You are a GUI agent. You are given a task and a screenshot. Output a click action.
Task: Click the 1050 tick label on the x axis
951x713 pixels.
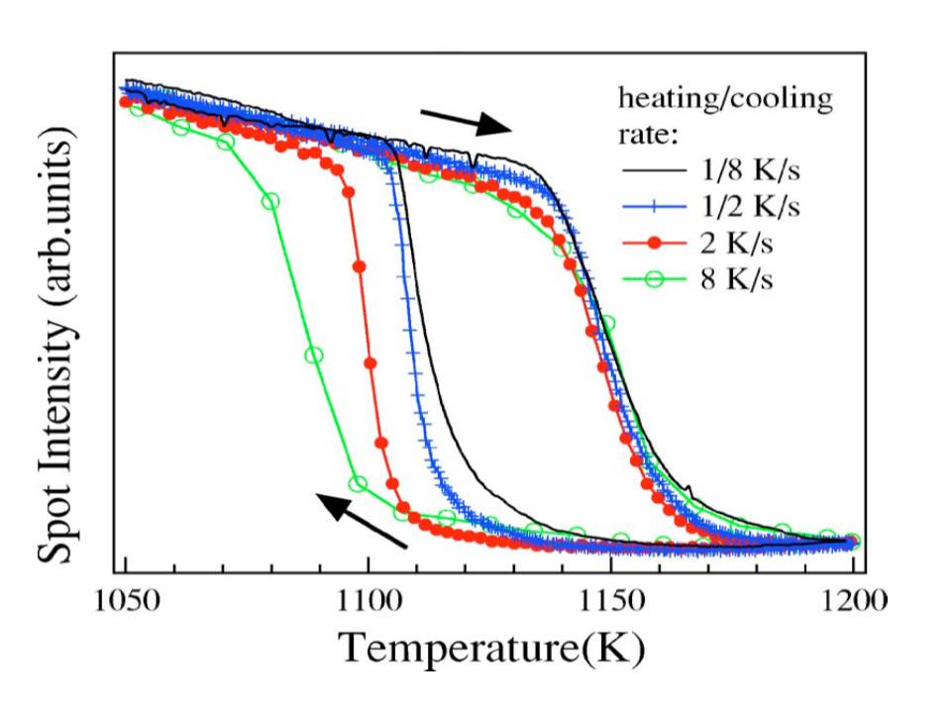[x=126, y=600]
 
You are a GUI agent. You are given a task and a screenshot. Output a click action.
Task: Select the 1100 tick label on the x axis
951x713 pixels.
[x=368, y=600]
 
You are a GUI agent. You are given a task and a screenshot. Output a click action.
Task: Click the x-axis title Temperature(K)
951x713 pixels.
[x=492, y=650]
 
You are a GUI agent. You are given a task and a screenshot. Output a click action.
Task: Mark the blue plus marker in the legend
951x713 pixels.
[x=655, y=208]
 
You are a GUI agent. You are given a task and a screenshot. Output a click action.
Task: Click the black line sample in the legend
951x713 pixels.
[x=655, y=172]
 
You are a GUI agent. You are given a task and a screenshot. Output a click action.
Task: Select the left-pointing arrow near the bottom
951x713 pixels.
[x=364, y=521]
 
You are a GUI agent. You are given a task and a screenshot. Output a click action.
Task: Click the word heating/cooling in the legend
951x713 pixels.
[x=724, y=99]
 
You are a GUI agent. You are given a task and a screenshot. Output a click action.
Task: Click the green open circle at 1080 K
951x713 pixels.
[x=270, y=201]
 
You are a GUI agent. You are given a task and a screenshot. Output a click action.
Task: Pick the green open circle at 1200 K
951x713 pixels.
[x=852, y=541]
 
